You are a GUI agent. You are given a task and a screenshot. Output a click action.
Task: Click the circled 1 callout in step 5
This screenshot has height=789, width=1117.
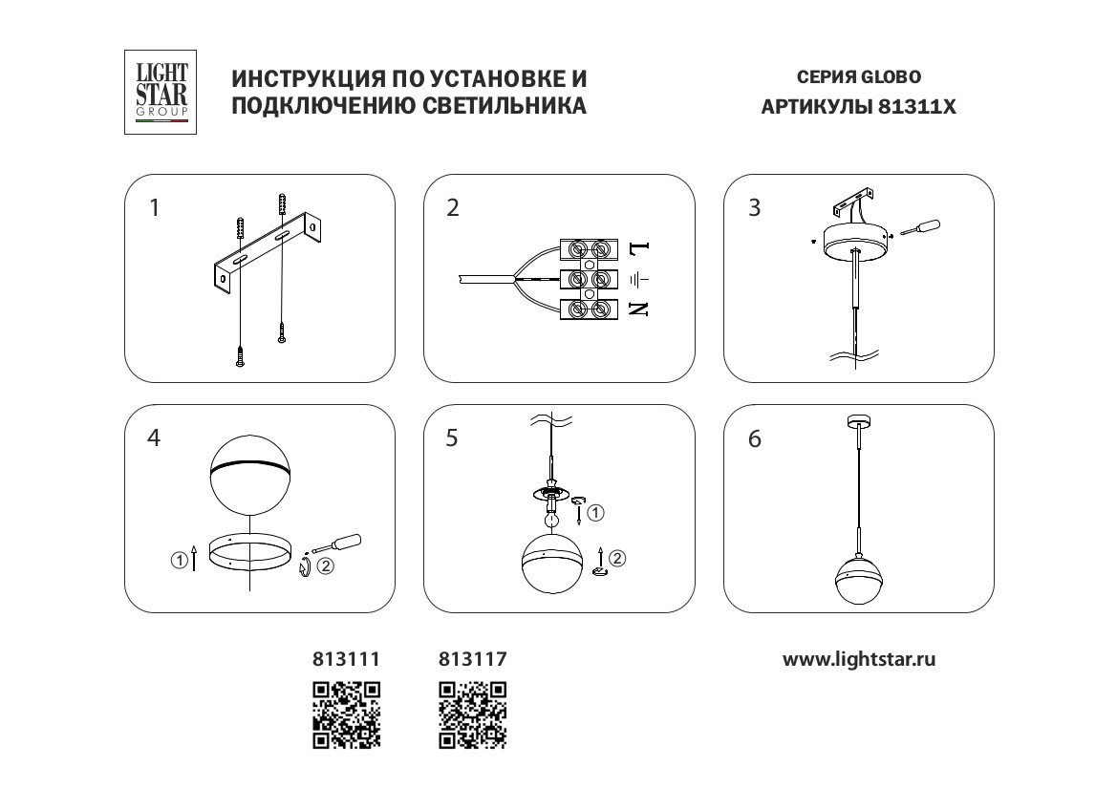coord(596,513)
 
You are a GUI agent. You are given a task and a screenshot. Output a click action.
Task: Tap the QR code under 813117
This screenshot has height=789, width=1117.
coord(471,713)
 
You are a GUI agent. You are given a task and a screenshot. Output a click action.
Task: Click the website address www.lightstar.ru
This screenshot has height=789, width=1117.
coord(859,659)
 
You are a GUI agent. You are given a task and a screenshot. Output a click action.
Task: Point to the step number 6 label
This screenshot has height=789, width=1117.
coord(755,439)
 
